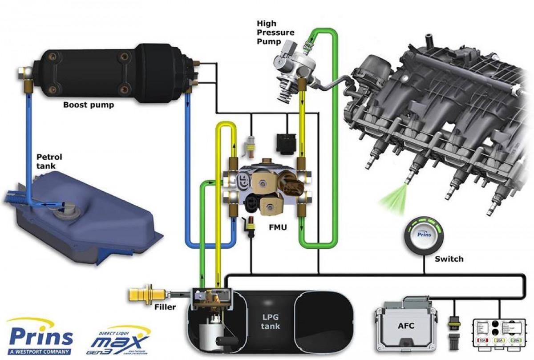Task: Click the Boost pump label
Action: (89, 105)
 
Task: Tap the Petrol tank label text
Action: (49, 161)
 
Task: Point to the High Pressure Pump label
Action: (275, 32)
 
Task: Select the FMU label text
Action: (277, 227)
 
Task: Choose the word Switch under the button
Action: (449, 259)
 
